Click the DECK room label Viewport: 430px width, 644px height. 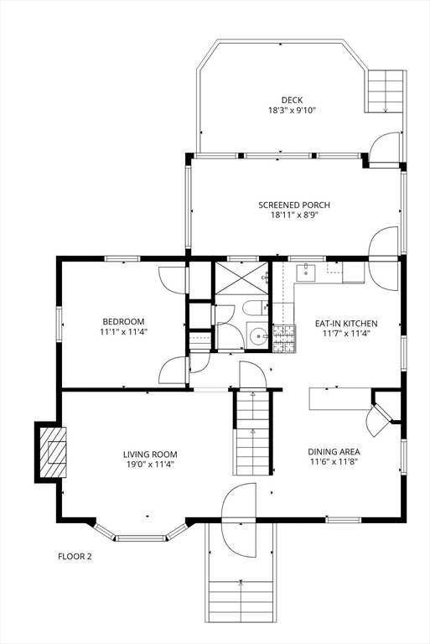click(292, 99)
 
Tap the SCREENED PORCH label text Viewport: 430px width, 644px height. click(293, 205)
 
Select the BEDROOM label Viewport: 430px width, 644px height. click(123, 321)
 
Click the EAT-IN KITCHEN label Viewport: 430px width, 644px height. click(345, 323)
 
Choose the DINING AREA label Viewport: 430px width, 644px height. click(334, 450)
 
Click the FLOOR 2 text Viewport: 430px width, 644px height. click(75, 555)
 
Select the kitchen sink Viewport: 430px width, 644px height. click(308, 271)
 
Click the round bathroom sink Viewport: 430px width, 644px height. click(257, 337)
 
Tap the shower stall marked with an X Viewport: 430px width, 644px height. click(241, 279)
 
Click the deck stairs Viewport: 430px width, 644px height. click(386, 91)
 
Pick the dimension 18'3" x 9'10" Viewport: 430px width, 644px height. click(292, 110)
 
